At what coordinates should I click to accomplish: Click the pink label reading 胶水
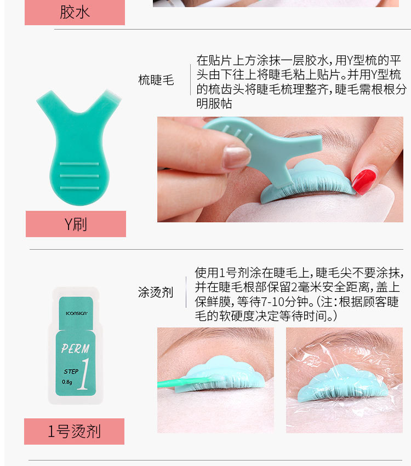click(75, 12)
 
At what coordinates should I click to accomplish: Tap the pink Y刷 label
click(76, 224)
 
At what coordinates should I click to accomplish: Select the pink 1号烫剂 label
click(74, 431)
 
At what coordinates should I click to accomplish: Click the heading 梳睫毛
click(156, 80)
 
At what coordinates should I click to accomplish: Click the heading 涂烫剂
click(156, 292)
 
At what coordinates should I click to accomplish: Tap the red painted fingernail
click(364, 181)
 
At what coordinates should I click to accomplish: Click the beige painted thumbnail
click(236, 157)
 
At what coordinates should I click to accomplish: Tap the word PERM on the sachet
click(75, 348)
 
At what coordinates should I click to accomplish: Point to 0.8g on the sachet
click(67, 382)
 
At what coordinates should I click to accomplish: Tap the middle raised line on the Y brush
click(79, 176)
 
